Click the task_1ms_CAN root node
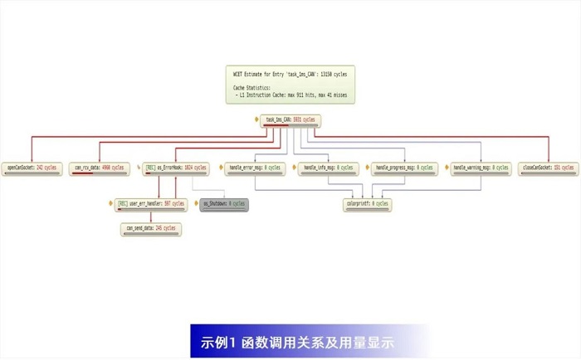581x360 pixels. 290,119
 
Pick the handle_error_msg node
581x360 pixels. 253,168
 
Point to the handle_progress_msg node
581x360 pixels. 404,168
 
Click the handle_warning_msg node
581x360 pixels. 481,168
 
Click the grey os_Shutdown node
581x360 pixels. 224,202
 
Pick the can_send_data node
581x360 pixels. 150,228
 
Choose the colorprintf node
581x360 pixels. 366,202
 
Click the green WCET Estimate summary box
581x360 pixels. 290,85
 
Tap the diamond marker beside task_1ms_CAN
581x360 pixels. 257,119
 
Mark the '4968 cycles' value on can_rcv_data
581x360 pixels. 111,167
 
